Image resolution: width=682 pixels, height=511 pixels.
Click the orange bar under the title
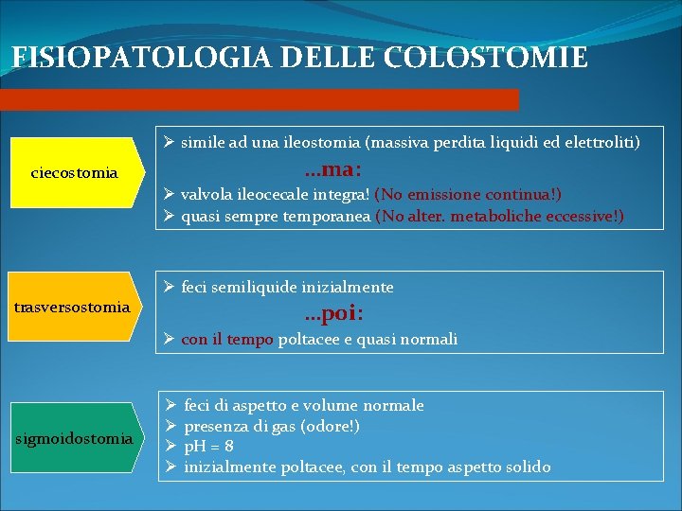tap(260, 99)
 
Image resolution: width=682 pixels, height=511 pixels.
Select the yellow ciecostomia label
tap(75, 173)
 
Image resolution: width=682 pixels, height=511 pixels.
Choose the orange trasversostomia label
tap(73, 308)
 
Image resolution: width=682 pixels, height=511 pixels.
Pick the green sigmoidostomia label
tap(74, 438)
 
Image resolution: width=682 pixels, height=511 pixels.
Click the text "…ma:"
tap(328, 171)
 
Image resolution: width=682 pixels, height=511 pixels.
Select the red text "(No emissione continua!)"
tap(468, 195)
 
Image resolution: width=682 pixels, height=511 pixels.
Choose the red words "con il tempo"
tap(227, 339)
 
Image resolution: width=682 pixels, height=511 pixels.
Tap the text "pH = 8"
tap(209, 446)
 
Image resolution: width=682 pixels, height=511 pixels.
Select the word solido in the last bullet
tap(527, 467)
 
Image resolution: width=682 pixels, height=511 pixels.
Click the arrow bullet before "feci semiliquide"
tap(168, 286)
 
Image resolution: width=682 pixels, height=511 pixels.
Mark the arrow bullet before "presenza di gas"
tap(168, 426)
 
